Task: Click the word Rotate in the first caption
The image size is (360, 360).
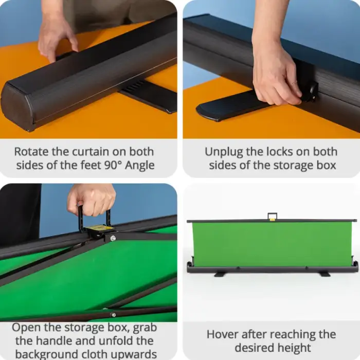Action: (30, 152)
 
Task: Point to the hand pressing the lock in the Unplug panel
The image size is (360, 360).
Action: (275, 72)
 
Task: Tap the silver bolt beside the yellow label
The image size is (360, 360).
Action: (113, 238)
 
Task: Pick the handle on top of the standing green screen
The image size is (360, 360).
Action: (272, 216)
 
